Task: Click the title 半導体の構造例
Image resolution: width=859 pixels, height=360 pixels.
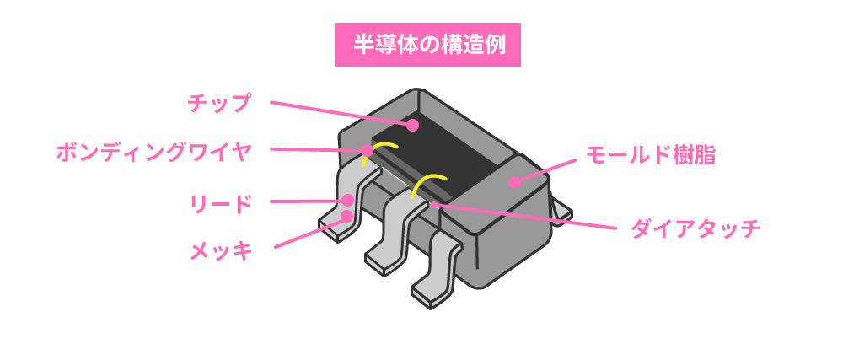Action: (427, 45)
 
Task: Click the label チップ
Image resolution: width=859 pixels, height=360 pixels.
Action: (218, 103)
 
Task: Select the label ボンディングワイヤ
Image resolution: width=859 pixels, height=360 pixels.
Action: (154, 152)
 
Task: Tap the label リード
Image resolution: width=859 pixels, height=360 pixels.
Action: (220, 204)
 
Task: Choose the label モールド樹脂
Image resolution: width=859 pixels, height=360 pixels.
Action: (651, 156)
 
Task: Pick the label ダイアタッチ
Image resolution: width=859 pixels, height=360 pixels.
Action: (695, 228)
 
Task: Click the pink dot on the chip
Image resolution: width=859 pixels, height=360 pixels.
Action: (412, 126)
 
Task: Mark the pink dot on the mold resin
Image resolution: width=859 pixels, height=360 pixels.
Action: (514, 182)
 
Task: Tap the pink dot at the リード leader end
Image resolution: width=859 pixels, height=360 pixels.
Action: (346, 201)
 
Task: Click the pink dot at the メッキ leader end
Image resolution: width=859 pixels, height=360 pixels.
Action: (346, 216)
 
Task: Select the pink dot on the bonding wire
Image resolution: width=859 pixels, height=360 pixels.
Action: (367, 149)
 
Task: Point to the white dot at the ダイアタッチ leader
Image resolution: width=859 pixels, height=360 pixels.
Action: (435, 206)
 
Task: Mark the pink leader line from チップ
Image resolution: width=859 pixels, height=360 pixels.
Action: (341, 114)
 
